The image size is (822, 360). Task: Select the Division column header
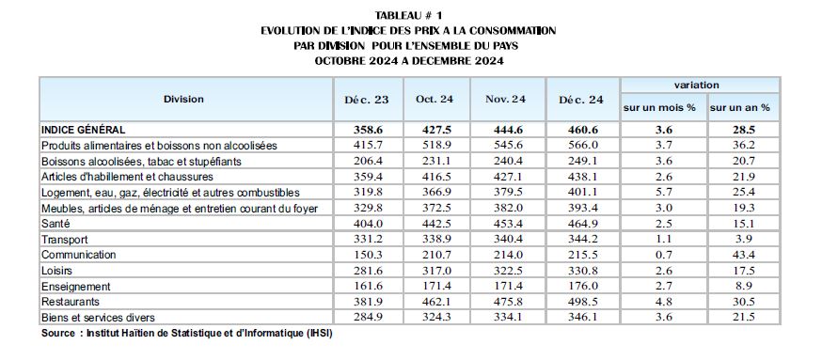183,99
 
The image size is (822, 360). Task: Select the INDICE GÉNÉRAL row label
84,130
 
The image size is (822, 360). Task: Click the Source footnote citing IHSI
187,334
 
